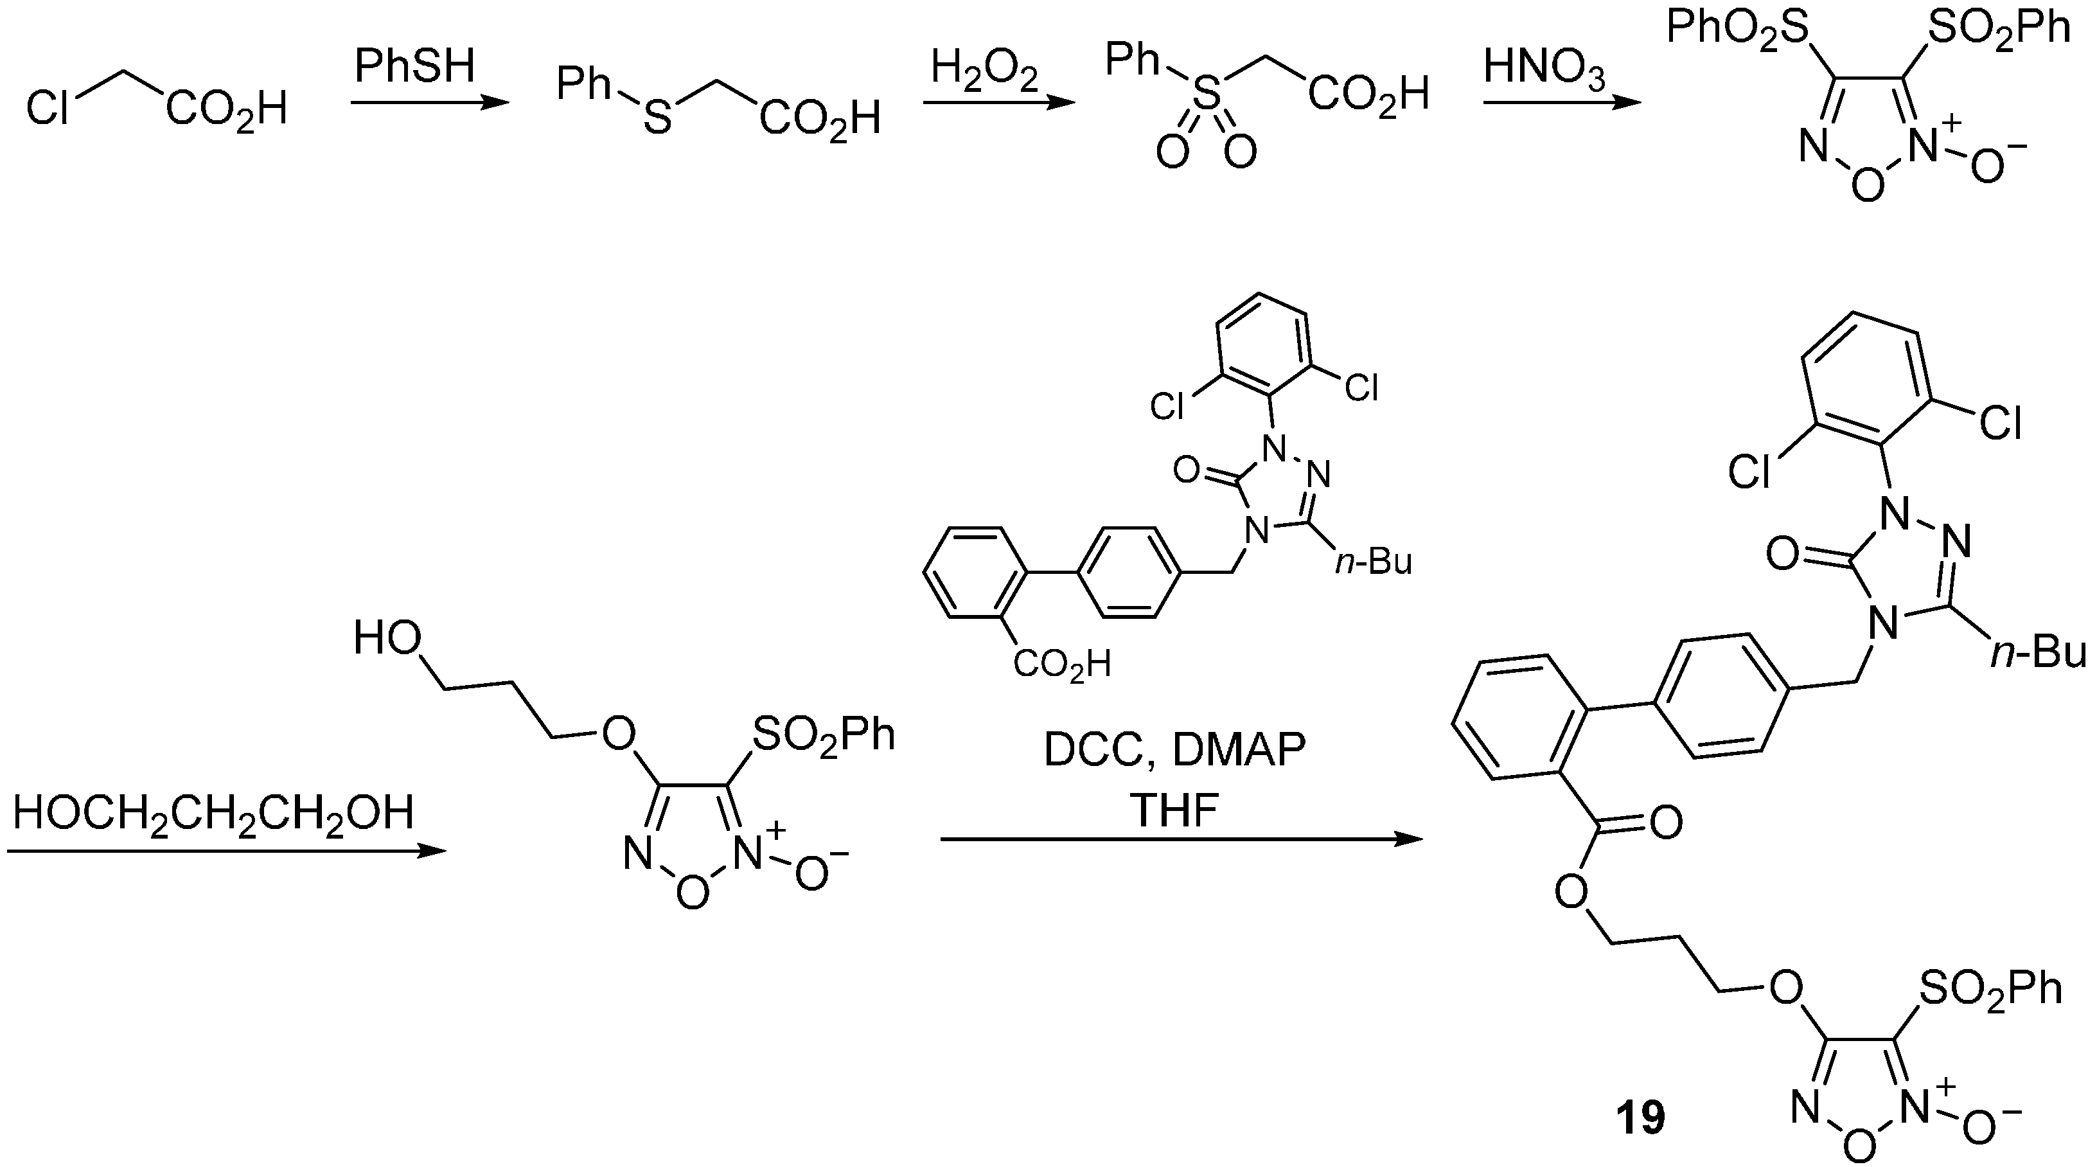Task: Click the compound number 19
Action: tap(1640, 1118)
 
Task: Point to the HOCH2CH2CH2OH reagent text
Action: tap(213, 813)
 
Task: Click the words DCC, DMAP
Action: tap(1174, 750)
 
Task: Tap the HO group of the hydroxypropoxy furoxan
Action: tap(387, 640)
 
